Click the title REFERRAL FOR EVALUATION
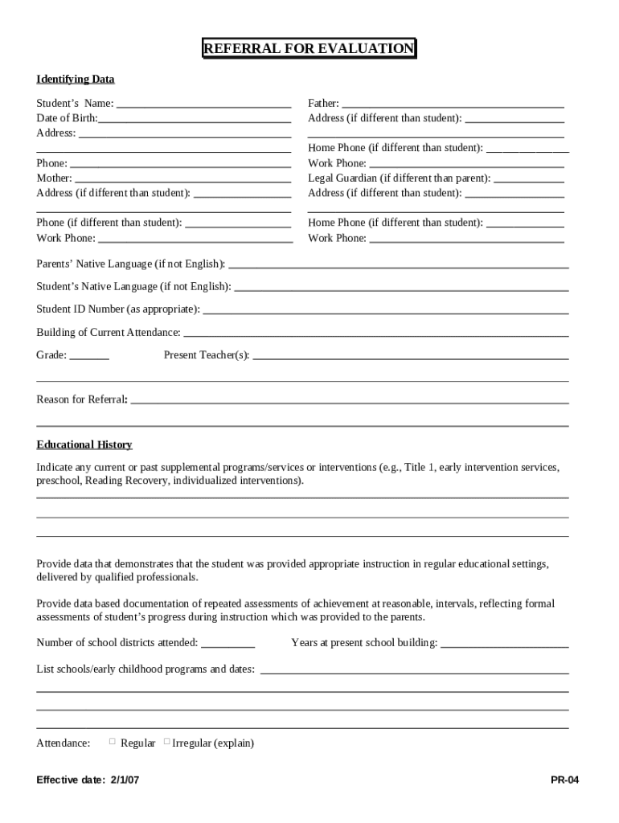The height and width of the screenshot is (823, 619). tap(309, 49)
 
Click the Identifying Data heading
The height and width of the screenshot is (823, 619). tap(76, 80)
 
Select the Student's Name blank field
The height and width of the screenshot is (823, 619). tap(203, 104)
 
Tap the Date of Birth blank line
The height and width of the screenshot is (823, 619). tap(194, 119)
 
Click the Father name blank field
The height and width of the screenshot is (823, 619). tap(453, 104)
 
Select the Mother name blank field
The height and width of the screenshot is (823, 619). tap(182, 178)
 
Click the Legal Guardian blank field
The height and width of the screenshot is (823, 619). tap(528, 178)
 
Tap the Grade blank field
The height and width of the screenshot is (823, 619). tap(89, 355)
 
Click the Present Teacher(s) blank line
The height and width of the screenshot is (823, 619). tap(410, 355)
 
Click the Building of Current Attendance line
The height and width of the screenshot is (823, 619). tap(375, 333)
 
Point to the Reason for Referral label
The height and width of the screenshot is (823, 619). tap(82, 399)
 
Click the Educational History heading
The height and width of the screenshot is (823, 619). tap(84, 445)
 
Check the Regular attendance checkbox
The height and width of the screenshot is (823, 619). tap(113, 742)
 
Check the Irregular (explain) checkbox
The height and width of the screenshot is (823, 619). tap(166, 742)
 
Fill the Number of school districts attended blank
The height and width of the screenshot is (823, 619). tap(228, 643)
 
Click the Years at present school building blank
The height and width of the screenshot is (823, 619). tap(504, 643)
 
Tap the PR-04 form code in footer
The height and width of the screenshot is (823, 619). tap(564, 780)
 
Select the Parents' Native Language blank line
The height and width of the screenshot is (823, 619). tap(398, 264)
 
